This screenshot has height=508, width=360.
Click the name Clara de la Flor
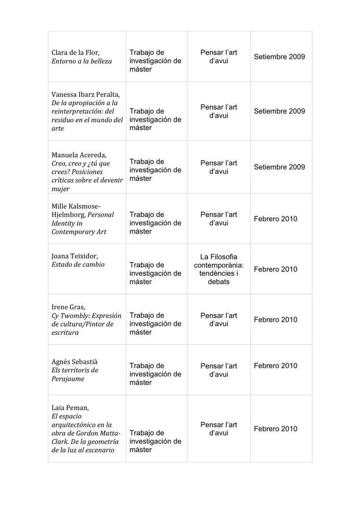pyautogui.click(x=72, y=53)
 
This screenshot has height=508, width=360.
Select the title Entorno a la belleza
pyautogui.click(x=81, y=61)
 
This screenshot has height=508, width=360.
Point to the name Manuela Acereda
pyautogui.click(x=79, y=155)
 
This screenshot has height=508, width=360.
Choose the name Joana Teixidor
pyautogui.click(x=75, y=256)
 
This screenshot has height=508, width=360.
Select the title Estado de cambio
pyautogui.click(x=78, y=265)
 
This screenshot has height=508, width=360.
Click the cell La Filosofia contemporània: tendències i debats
pyautogui.click(x=219, y=269)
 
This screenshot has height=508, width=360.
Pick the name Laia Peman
pyautogui.click(x=70, y=408)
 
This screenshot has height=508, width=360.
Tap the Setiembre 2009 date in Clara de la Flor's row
pyautogui.click(x=279, y=57)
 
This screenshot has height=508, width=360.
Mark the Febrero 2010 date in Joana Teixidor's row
pyautogui.click(x=276, y=269)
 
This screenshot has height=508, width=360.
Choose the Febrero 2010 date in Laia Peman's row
pyautogui.click(x=276, y=429)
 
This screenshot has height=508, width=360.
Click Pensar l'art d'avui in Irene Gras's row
pyautogui.click(x=219, y=320)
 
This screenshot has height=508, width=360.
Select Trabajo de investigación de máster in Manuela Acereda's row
pyautogui.click(x=155, y=170)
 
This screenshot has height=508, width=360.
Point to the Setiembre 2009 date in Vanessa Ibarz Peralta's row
pyautogui.click(x=279, y=111)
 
